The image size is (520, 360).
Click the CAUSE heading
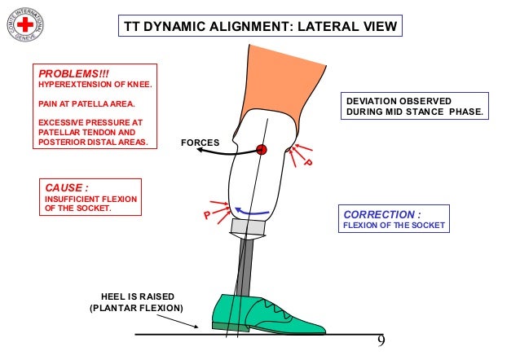click(67, 187)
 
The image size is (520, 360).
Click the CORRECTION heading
click(381, 214)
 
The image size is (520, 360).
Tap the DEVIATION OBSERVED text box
click(415, 107)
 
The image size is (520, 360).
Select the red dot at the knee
click(262, 149)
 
